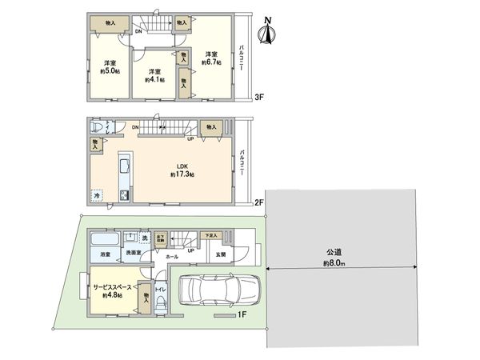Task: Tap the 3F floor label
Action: [258, 96]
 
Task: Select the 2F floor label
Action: [258, 202]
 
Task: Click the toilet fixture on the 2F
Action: [98, 128]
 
